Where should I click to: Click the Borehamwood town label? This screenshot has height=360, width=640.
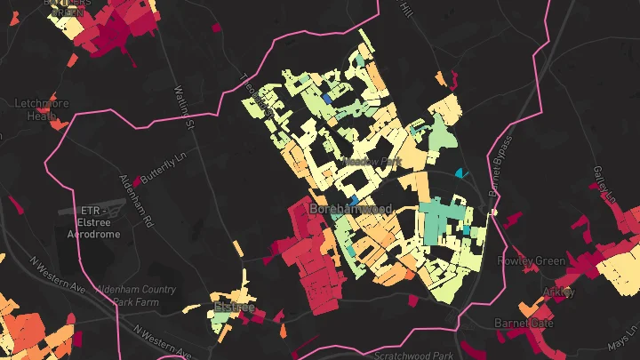(350, 209)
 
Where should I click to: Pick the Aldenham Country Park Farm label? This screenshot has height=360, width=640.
(170, 296)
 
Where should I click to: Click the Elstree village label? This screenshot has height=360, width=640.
(234, 308)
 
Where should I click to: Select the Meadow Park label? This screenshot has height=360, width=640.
(372, 163)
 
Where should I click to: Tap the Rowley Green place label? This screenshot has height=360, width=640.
(532, 261)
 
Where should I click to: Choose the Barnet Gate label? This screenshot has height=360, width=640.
(524, 323)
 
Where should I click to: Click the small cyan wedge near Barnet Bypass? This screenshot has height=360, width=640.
(460, 172)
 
